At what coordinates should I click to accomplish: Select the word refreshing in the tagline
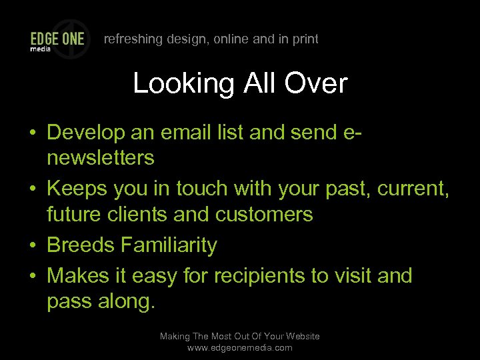click(133, 39)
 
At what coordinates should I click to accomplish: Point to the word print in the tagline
click(304, 39)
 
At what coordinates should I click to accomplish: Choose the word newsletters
click(101, 158)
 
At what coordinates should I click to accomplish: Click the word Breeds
click(81, 245)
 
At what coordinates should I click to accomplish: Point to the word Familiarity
click(169, 245)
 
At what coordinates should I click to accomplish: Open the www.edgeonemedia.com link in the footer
click(240, 348)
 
